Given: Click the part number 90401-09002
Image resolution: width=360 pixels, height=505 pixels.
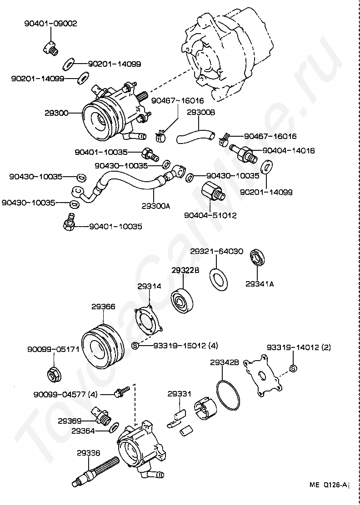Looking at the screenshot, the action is (x=51, y=24).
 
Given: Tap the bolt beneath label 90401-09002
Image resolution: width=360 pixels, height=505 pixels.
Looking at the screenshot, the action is (x=50, y=48).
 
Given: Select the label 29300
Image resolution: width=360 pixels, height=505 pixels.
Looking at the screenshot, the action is (x=56, y=113).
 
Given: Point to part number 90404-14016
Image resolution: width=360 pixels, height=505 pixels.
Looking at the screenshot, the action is (x=289, y=150).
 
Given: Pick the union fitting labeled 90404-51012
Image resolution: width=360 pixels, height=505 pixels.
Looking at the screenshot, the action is (x=212, y=192).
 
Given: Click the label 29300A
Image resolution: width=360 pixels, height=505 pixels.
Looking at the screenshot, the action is (x=155, y=206).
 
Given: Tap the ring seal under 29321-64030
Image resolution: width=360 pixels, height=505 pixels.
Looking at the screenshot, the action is (x=219, y=278).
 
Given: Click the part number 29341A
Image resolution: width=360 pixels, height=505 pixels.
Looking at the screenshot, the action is (x=260, y=284).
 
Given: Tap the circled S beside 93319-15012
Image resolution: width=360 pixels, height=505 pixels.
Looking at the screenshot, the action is (x=135, y=346).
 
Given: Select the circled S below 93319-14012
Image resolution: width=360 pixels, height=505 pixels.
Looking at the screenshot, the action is (x=293, y=368).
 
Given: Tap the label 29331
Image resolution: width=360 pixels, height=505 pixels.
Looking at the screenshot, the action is (x=179, y=394).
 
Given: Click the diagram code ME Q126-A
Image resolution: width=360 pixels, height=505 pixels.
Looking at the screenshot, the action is (x=329, y=485).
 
